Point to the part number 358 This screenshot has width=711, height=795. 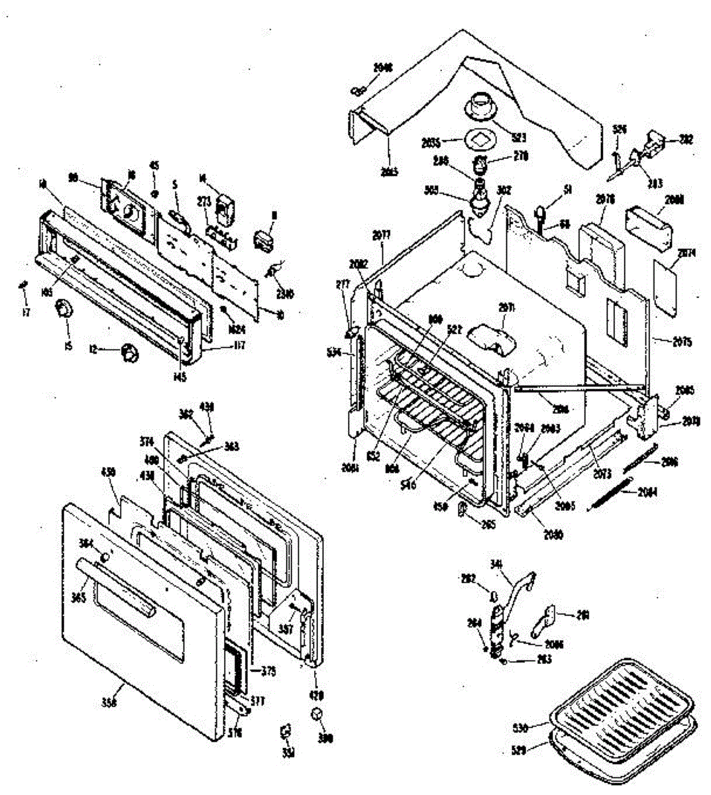click(110, 703)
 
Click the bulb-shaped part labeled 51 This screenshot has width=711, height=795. click(539, 212)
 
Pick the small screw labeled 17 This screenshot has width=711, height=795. click(23, 284)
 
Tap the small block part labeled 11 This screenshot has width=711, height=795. click(263, 240)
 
